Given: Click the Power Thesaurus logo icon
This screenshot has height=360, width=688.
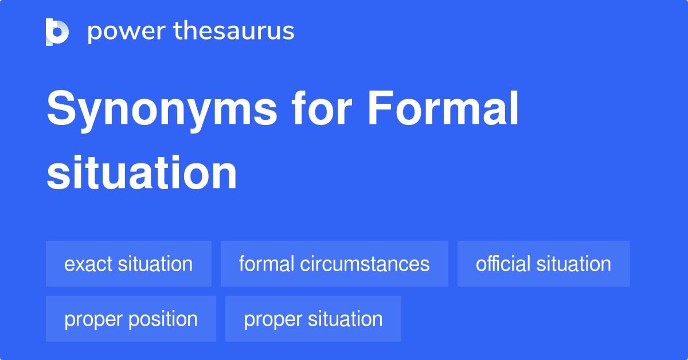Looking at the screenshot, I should tap(57, 32).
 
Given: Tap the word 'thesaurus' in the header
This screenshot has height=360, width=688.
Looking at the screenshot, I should tap(234, 32).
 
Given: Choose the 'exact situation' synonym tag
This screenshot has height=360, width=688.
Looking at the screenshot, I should tap(128, 264).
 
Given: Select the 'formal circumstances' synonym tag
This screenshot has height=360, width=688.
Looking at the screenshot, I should tap(334, 264).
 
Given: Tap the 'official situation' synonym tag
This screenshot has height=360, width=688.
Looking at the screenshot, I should tap(544, 264).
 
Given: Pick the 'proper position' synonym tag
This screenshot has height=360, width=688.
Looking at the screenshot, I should tap(131, 319).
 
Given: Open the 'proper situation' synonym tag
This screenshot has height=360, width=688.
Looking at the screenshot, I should tap(313, 319).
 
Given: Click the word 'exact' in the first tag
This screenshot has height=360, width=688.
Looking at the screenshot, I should tap(89, 264).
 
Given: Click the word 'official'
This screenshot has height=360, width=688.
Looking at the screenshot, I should tap(503, 264).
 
